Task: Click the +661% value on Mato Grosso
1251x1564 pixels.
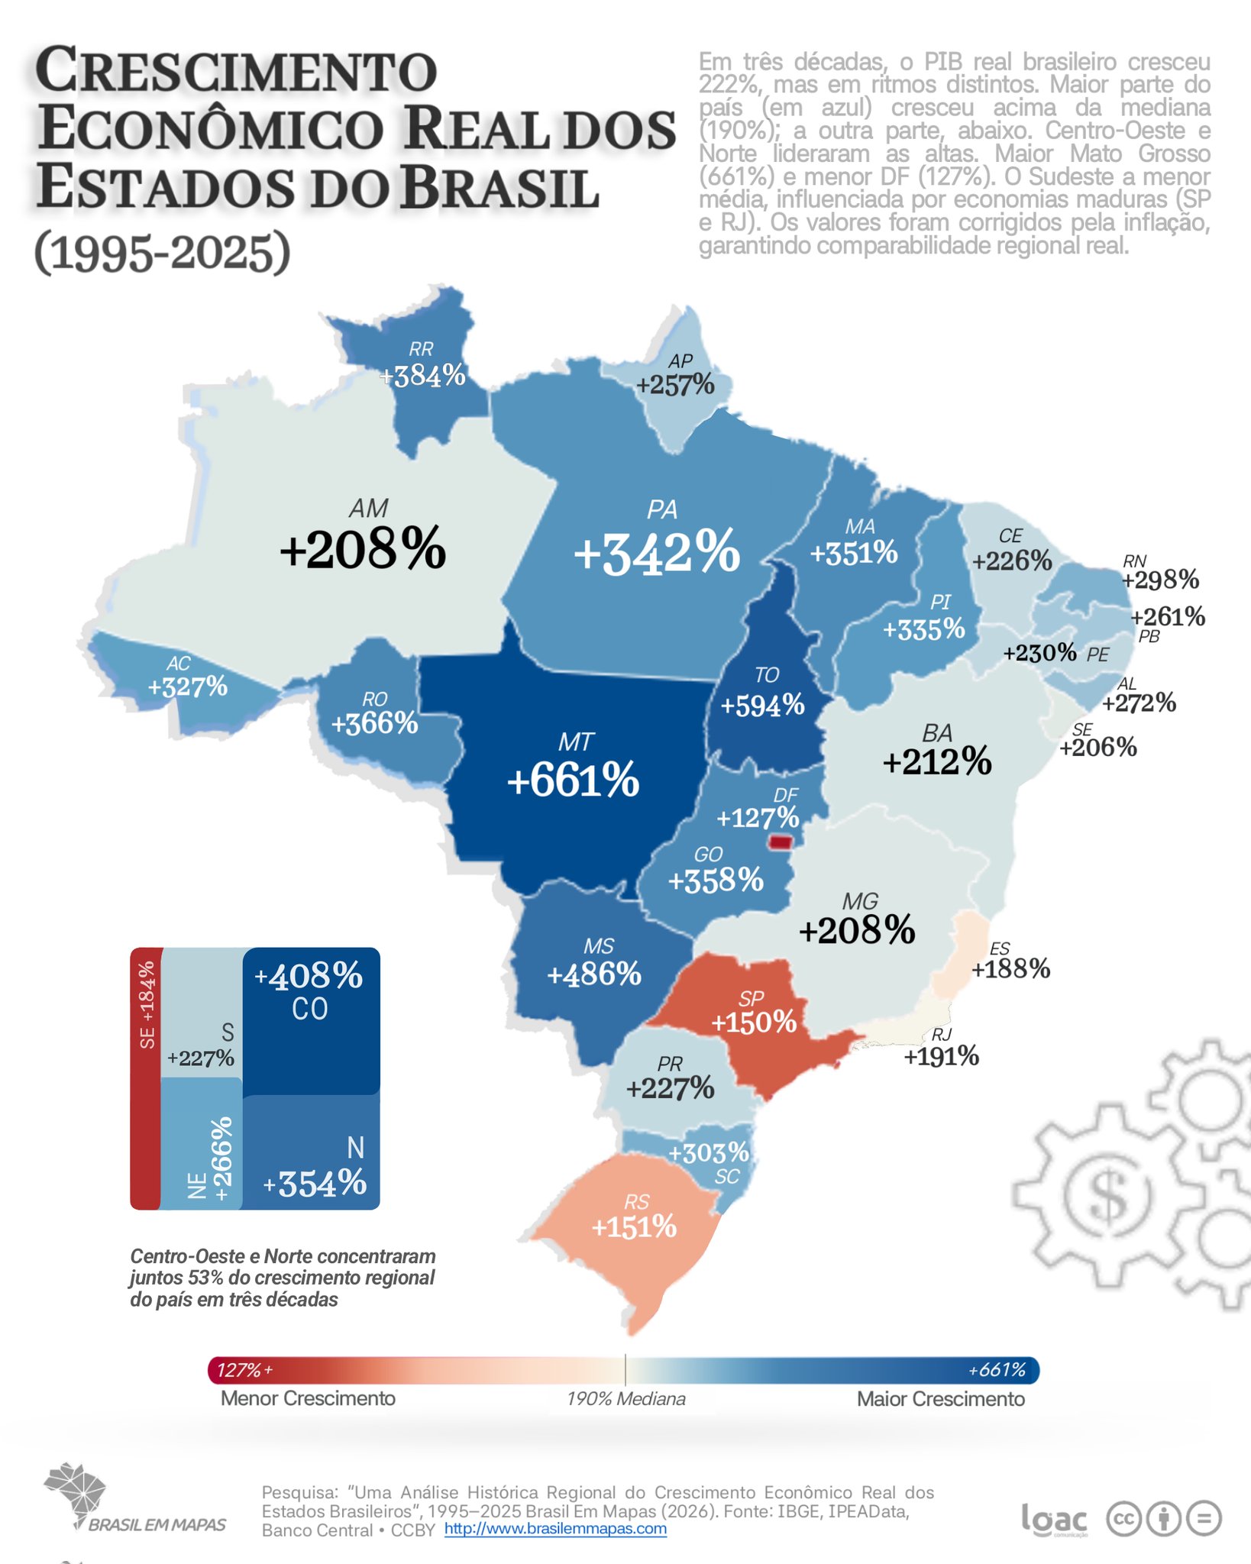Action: pyautogui.click(x=573, y=780)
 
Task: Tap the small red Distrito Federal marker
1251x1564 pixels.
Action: pyautogui.click(x=781, y=842)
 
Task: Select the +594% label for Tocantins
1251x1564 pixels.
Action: pyautogui.click(x=762, y=705)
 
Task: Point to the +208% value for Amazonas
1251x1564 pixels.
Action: pyautogui.click(x=363, y=548)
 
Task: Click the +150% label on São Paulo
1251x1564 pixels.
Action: pyautogui.click(x=754, y=1022)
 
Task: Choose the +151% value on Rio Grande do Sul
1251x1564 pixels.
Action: pyautogui.click(x=634, y=1226)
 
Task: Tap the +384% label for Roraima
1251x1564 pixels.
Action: pyautogui.click(x=422, y=375)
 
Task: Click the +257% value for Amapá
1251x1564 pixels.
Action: pyautogui.click(x=675, y=385)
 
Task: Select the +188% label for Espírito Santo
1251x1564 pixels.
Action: pyautogui.click(x=1010, y=968)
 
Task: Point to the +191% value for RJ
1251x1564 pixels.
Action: pyautogui.click(x=941, y=1056)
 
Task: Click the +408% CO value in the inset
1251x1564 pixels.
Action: pyautogui.click(x=309, y=976)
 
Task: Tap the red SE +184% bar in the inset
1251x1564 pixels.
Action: pyautogui.click(x=145, y=1077)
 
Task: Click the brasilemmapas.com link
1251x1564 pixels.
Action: pyautogui.click(x=555, y=1529)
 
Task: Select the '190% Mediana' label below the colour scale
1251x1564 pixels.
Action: pyautogui.click(x=625, y=1399)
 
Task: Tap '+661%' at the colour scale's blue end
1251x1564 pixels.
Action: pyautogui.click(x=997, y=1370)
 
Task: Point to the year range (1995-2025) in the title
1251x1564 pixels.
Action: pyautogui.click(x=162, y=253)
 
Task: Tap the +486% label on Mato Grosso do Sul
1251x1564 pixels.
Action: pyautogui.click(x=594, y=974)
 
